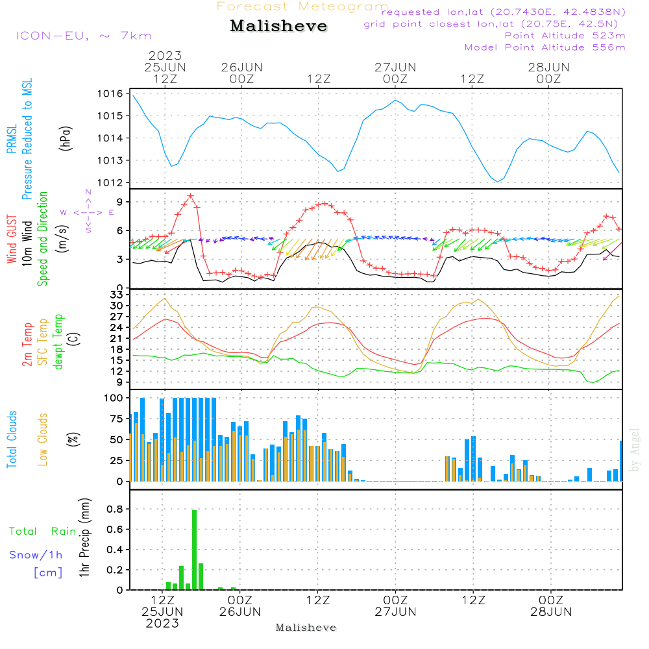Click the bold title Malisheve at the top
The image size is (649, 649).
[x=278, y=27]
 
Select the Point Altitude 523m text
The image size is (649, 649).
[x=565, y=36]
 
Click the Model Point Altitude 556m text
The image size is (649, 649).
[x=545, y=47]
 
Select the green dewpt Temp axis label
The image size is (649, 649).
[x=59, y=342]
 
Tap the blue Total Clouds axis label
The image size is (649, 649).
[x=12, y=439]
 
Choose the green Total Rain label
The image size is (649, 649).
[x=42, y=532]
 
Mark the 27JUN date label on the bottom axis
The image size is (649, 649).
[x=395, y=612]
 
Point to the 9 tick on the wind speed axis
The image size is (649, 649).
[x=119, y=202]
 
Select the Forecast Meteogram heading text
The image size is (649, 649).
[x=302, y=6]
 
